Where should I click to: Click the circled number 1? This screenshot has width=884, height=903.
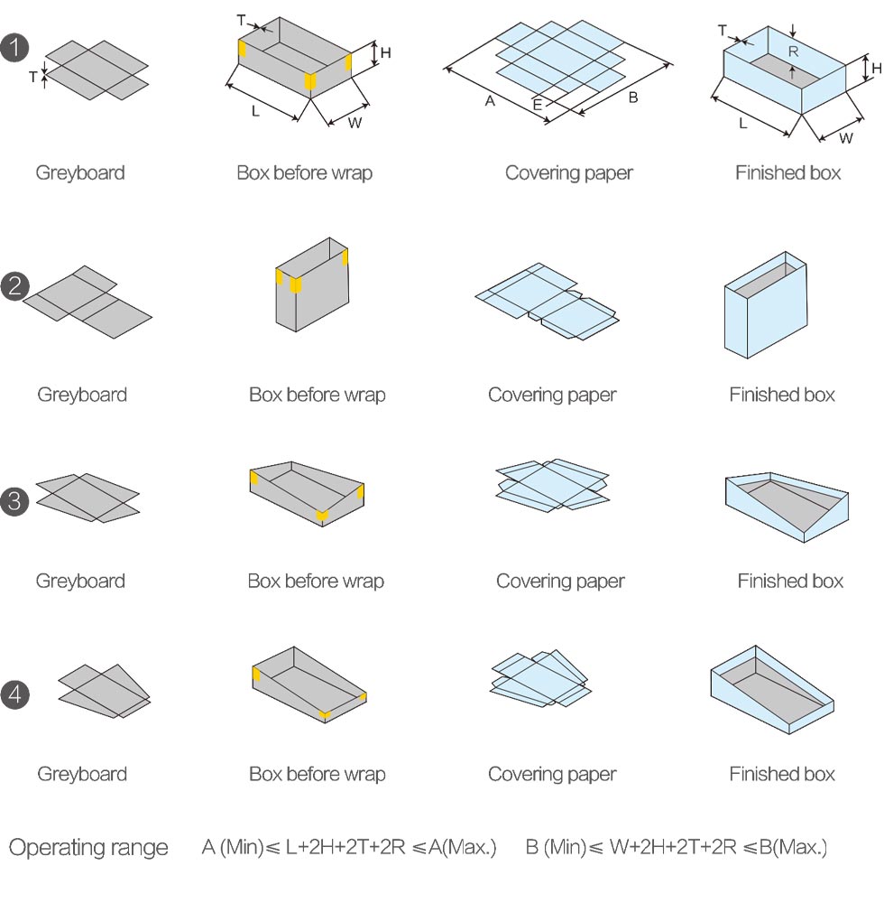15,47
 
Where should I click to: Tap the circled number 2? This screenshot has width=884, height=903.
15,286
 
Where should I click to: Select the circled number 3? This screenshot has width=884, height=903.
15,501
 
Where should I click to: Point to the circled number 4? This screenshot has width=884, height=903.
15,694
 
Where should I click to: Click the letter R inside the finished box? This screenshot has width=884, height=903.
793,51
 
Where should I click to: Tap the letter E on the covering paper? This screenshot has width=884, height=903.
538,105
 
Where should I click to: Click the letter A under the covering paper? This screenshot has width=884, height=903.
490,101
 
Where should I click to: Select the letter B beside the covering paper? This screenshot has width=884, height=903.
633,98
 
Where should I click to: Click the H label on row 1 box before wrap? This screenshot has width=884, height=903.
386,53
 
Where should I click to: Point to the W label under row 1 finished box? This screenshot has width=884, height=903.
845,138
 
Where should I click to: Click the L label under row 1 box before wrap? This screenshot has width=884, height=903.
256,111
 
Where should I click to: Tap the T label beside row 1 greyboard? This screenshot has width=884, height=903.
33,77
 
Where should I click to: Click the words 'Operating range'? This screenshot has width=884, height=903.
88,848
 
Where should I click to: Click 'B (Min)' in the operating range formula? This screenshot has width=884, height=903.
556,847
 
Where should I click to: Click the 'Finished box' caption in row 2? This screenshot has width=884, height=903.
782,395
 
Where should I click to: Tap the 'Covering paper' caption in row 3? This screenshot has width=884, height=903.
560,581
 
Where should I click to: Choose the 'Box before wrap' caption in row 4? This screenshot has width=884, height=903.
317,774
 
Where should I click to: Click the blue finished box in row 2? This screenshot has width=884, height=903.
766,305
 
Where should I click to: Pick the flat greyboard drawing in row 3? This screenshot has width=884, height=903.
87,498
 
